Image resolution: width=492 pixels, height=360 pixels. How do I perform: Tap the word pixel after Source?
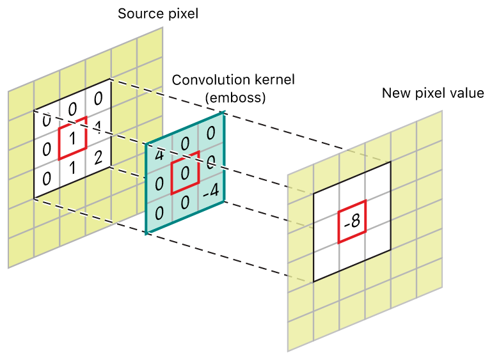[x=180, y=13]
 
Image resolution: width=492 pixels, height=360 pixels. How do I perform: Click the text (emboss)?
[x=235, y=98]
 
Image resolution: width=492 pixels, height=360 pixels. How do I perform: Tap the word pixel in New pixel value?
[x=429, y=93]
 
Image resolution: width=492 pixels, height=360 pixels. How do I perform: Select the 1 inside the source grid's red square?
[x=73, y=137]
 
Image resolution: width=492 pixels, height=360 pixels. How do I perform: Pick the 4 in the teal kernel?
[x=158, y=155]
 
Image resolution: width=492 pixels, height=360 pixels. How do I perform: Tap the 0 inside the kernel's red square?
[x=185, y=173]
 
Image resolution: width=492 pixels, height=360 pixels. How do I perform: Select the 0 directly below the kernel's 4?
[x=159, y=184]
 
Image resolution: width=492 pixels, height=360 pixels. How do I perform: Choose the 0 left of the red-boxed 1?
[x=46, y=149]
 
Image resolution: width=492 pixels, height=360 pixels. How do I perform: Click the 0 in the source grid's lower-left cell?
[x=46, y=178]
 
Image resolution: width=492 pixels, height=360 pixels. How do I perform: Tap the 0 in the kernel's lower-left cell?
[x=159, y=211]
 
